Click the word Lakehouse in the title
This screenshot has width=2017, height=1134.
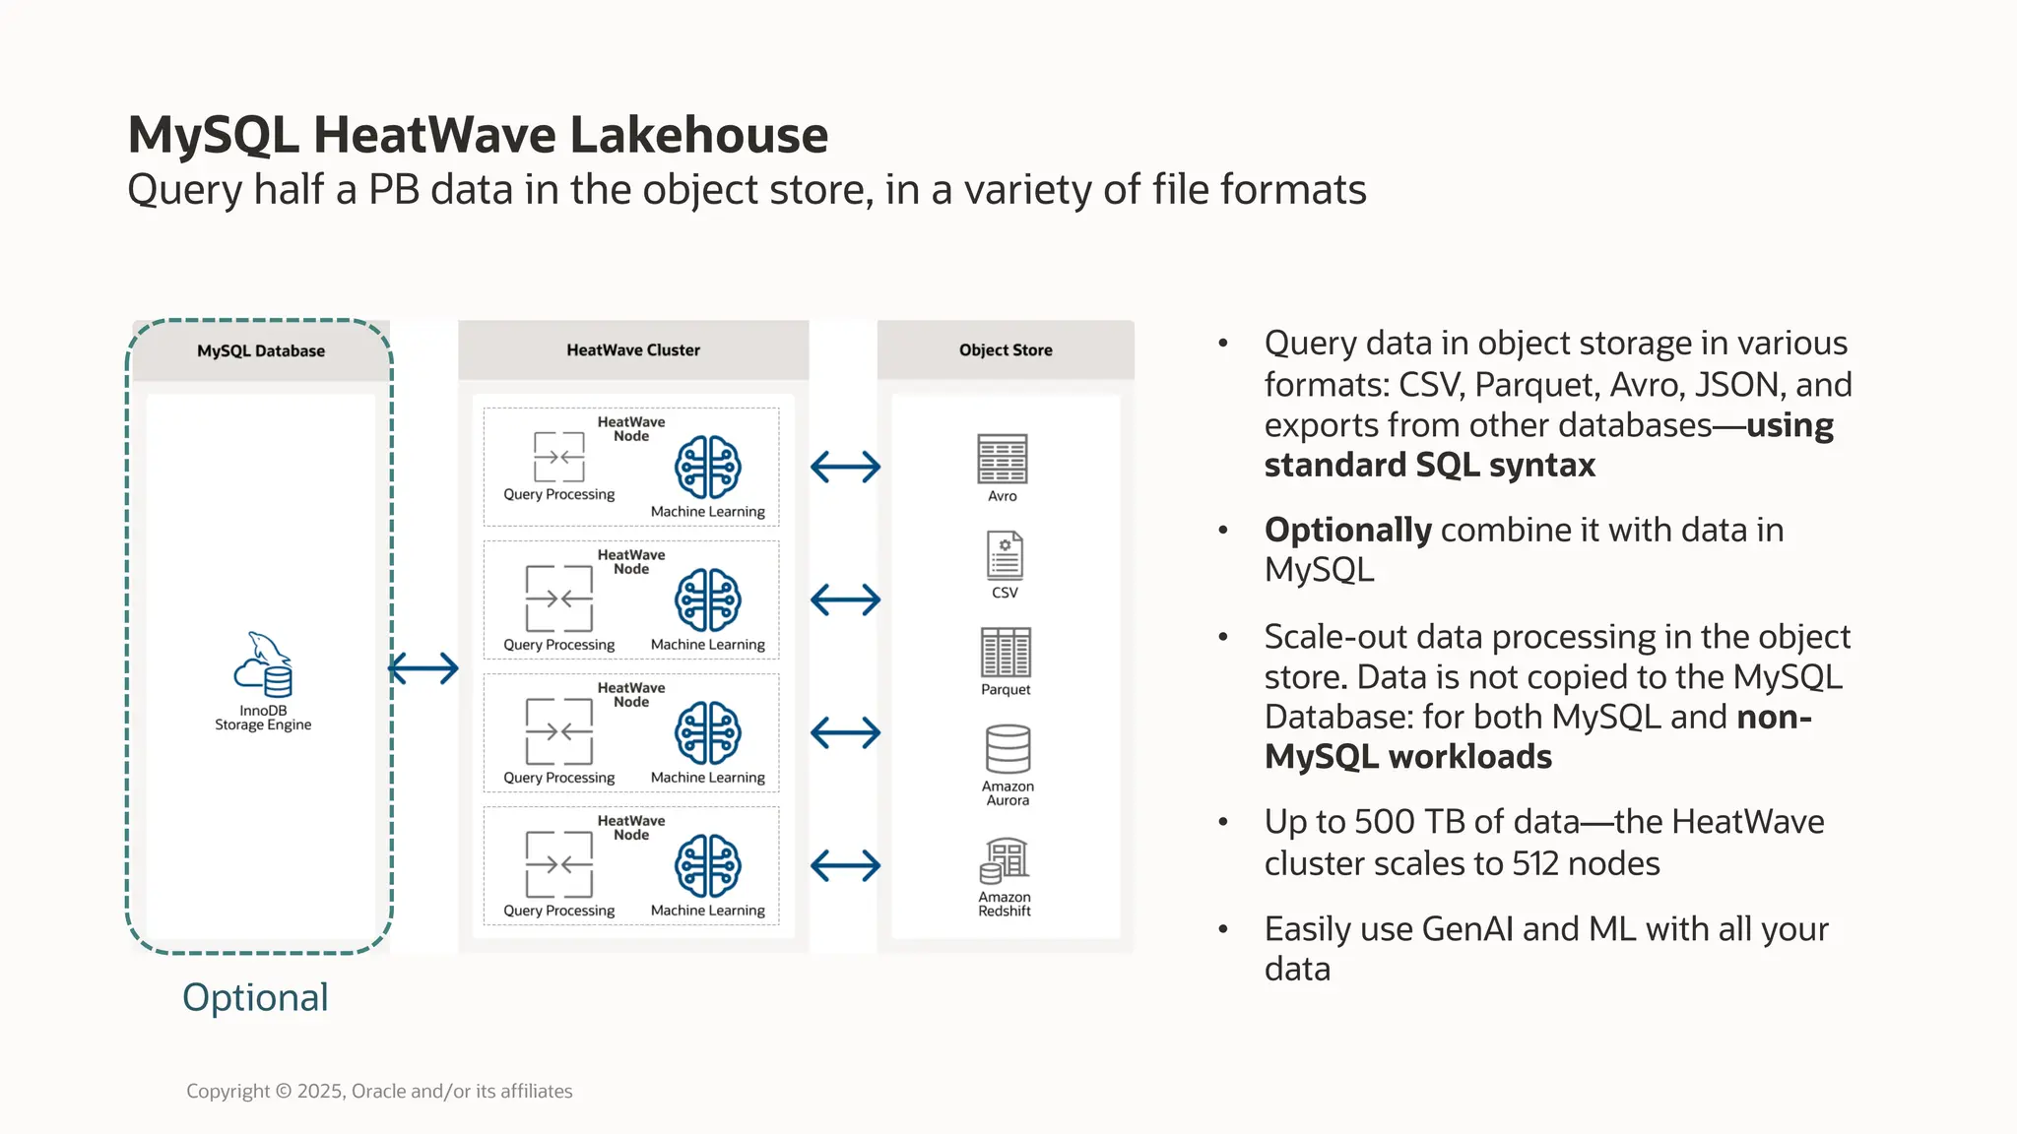coord(698,136)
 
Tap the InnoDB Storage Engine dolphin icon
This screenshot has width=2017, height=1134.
coord(263,664)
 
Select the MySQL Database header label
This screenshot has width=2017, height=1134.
coord(261,351)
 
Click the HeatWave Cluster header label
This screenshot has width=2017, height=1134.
coord(633,350)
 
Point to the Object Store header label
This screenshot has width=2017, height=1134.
coord(1006,350)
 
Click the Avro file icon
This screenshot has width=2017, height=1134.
coord(1003,459)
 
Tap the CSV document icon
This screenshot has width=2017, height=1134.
coord(1005,556)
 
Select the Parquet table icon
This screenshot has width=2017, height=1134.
coord(1006,653)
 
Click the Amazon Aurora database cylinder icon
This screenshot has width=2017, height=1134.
coord(1008,750)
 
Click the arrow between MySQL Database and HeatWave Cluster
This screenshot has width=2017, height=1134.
coord(423,669)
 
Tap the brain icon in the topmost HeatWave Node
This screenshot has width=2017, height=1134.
coord(708,467)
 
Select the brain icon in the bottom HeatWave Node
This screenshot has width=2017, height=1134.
coord(708,866)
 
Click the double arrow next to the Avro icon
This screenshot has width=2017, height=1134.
coord(845,467)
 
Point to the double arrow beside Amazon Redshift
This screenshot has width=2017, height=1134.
coord(845,866)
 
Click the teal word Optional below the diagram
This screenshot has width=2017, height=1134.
coord(255,998)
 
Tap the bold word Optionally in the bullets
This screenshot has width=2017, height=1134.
coord(1347,531)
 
